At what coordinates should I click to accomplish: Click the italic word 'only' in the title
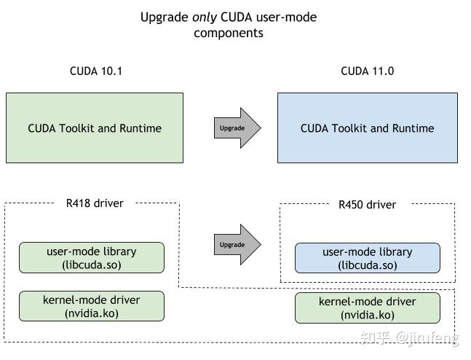pos(205,17)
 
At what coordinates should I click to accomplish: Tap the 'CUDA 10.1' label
pos(95,71)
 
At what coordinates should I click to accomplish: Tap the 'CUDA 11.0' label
pos(367,71)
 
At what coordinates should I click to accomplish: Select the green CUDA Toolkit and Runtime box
pos(95,128)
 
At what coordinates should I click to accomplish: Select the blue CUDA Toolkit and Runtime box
pos(367,128)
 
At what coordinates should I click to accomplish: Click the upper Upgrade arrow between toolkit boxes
pos(237,128)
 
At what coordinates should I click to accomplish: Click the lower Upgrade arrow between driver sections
pos(237,245)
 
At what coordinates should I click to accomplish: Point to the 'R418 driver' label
pos(95,203)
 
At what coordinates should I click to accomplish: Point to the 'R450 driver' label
pos(367,205)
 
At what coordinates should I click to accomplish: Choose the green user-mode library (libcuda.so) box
pos(92,257)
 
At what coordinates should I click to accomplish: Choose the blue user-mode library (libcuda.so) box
pos(367,258)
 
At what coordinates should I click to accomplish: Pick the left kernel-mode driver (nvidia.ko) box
pos(92,306)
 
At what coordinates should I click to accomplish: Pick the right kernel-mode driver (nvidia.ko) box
pos(367,308)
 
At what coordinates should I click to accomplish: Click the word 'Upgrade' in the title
pos(165,17)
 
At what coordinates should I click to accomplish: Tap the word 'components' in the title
pos(229,33)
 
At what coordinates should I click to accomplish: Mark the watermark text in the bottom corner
pos(417,337)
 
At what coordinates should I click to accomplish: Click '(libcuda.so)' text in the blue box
pos(367,265)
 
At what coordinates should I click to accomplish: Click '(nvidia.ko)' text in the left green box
pos(92,313)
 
